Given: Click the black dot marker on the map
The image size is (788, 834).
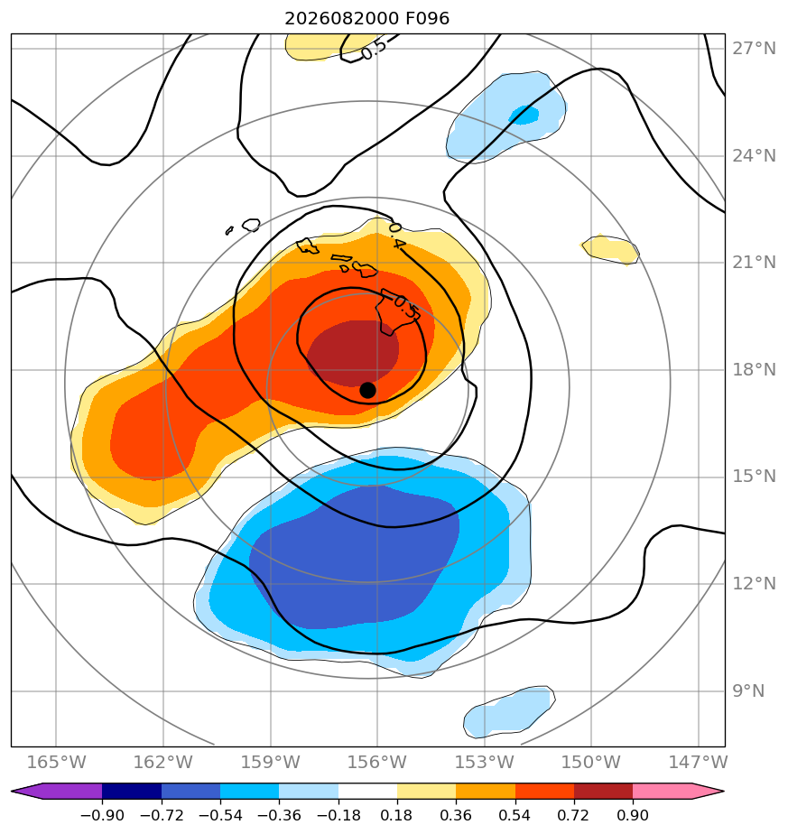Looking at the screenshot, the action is [x=367, y=390].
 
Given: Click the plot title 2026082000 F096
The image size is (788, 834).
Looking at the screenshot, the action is [x=367, y=19].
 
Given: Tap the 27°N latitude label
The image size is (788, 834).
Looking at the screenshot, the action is [x=754, y=49].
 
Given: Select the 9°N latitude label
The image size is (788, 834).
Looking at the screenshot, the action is [x=748, y=690].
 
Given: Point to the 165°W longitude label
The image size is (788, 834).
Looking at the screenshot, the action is [x=56, y=762].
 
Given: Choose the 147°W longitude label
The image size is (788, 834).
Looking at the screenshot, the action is [x=698, y=762].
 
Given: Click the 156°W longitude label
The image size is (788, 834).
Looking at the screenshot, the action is [x=377, y=762].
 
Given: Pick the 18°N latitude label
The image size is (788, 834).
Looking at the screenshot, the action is [x=754, y=370].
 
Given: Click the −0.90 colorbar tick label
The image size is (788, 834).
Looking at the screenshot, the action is [x=102, y=815].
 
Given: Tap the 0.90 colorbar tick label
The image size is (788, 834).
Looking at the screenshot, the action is [x=633, y=815].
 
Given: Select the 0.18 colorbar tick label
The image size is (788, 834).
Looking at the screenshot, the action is [x=397, y=815].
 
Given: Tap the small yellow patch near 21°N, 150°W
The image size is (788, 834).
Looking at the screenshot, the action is [x=610, y=249].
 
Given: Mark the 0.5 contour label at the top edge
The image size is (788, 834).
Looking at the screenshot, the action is [x=375, y=51].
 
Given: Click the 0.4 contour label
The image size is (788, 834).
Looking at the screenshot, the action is [x=397, y=236].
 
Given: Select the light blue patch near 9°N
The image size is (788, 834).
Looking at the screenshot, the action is [x=509, y=711].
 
